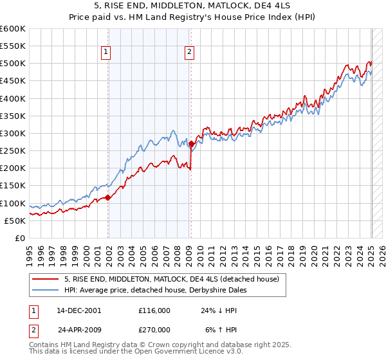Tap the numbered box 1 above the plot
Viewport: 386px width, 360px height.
coord(106,53)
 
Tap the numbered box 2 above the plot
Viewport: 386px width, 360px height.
coord(190,53)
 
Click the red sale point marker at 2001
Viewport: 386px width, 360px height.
coord(108,197)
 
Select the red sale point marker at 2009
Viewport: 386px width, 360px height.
coord(192,144)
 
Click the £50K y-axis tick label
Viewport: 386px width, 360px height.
coord(16,221)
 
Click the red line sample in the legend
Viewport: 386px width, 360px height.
coord(46,280)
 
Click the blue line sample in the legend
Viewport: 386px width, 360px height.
coord(46,290)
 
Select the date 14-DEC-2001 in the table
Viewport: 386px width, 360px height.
coord(78,310)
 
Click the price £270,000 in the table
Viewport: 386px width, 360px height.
coord(154,329)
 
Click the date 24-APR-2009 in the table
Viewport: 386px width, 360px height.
coord(79,329)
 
